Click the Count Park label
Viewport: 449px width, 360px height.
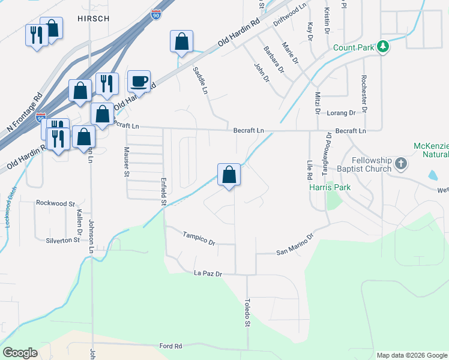click(354, 47)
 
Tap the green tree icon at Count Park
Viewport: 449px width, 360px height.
click(382, 46)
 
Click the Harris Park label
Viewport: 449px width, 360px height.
click(330, 187)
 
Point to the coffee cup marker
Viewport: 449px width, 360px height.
click(139, 80)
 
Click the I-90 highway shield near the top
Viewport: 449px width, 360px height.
click(156, 14)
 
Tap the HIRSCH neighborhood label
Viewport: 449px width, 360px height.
click(94, 19)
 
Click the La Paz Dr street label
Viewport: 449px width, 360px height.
click(208, 274)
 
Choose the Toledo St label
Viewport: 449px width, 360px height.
click(247, 313)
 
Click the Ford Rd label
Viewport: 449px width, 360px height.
click(170, 346)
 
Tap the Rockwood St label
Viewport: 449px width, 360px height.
click(55, 203)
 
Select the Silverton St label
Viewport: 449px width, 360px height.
click(63, 240)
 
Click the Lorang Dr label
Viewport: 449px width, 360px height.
click(341, 113)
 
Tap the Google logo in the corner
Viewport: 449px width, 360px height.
click(20, 353)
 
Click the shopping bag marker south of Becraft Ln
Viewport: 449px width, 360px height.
click(229, 175)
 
